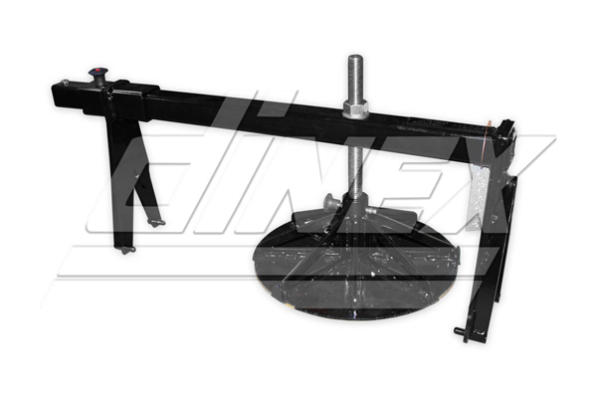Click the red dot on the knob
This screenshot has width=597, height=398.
tap(98, 71)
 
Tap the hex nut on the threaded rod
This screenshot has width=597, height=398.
tap(355, 109)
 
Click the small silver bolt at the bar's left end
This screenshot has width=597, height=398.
tap(65, 82)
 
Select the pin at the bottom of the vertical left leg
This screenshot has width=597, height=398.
tap(127, 250)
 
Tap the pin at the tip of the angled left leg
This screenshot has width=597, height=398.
tap(156, 223)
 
